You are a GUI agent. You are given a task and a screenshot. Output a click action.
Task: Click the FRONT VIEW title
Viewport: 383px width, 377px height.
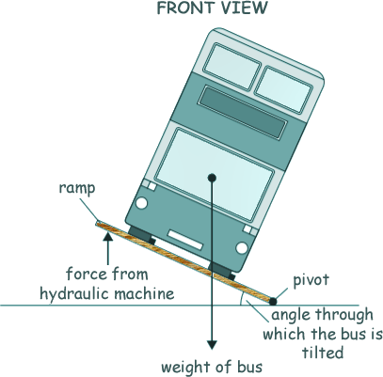click(212, 8)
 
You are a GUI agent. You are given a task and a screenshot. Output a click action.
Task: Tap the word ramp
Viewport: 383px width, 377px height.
click(77, 188)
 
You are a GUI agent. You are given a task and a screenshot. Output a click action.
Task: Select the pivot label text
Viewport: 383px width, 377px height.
click(311, 279)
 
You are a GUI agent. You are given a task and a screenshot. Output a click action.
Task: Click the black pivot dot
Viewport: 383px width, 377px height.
click(273, 302)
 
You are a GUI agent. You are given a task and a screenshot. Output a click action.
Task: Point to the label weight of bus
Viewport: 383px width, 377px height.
click(212, 367)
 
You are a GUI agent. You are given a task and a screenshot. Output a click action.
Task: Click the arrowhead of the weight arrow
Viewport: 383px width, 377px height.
click(213, 345)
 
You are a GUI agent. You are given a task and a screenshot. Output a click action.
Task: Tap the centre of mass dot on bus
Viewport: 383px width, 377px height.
click(213, 178)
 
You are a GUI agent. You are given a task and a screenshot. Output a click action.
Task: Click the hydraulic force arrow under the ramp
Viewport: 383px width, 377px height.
click(108, 248)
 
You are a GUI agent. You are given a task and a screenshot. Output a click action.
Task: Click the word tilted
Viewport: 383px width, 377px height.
click(323, 353)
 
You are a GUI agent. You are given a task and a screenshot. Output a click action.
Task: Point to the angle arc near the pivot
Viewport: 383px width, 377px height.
click(241, 299)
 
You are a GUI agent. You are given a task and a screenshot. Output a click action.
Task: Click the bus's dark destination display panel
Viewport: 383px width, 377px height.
click(243, 112)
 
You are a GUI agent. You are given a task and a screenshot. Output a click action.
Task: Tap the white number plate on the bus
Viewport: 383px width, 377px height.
click(185, 240)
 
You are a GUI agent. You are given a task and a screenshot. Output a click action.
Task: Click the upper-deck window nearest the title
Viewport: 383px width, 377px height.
click(232, 67)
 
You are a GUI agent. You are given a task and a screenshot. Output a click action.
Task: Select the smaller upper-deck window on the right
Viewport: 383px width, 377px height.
click(283, 89)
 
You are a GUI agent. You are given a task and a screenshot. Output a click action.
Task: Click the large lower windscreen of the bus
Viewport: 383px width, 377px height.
click(215, 174)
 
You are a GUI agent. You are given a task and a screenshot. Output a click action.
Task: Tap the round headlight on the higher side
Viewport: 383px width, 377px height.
click(141, 203)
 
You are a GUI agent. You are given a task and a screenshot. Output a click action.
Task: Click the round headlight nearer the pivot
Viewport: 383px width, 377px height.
click(242, 248)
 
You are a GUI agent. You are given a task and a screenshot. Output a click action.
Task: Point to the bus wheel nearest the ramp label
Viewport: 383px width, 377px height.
click(142, 235)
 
